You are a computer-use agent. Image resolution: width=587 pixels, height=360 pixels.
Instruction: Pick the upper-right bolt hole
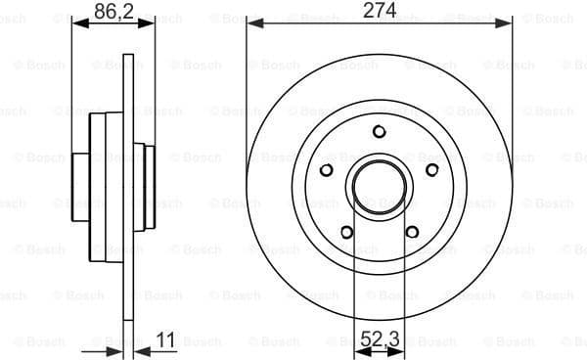click(x=431, y=169)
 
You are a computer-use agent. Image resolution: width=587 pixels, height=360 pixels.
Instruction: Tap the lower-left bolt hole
click(x=347, y=232)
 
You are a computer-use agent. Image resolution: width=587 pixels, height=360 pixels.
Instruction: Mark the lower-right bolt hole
click(x=412, y=232)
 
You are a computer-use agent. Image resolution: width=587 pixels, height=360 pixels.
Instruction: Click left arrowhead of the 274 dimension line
click(x=251, y=21)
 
